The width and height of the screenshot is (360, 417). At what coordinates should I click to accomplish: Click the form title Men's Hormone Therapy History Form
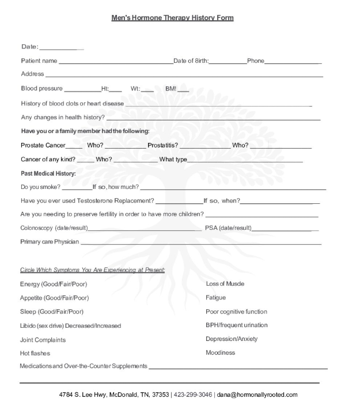172,18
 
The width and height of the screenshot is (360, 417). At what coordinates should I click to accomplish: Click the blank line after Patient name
115,61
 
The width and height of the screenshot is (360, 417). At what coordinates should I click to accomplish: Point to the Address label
32,74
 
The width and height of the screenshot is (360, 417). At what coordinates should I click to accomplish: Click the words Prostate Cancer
43,145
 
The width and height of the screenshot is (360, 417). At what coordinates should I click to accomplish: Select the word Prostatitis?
162,145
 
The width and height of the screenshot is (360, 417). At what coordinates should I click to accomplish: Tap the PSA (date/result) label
228,228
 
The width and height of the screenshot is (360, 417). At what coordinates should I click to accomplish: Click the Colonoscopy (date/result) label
54,228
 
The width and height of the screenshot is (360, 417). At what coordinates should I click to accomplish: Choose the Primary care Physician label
50,242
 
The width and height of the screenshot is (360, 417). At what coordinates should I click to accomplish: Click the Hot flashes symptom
35,353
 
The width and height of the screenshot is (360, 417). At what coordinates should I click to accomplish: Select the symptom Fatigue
215,298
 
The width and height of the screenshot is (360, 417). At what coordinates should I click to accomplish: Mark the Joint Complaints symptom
43,340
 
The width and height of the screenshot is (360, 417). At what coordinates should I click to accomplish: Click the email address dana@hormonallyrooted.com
257,395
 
